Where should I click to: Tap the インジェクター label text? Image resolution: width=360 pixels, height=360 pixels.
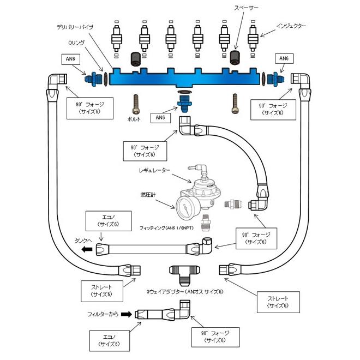point(291,26)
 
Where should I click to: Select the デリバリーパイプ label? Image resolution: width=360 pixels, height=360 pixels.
point(75,26)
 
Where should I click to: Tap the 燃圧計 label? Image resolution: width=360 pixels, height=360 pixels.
point(149,195)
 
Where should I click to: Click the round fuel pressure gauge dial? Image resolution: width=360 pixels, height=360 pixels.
point(187,206)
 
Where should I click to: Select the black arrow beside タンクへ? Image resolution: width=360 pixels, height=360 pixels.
point(85,250)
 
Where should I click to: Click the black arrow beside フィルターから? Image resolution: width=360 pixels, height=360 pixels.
point(127,314)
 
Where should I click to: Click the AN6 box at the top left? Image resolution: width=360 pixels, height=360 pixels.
point(71,59)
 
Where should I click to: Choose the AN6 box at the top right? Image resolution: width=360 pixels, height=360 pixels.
point(284,58)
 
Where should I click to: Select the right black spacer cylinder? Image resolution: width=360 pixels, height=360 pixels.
point(235,57)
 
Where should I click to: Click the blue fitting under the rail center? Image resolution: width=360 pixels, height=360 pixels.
point(183,102)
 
